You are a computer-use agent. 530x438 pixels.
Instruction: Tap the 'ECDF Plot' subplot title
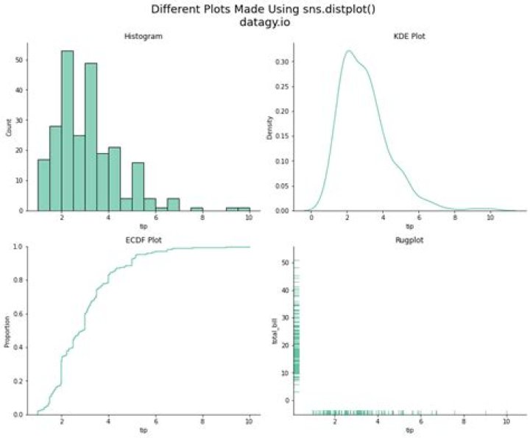pyautogui.click(x=142, y=239)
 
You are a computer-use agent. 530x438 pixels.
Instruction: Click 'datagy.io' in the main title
pyautogui.click(x=264, y=22)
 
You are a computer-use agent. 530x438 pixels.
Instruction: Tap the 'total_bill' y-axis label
pyautogui.click(x=275, y=331)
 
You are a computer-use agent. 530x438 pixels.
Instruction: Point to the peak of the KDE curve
pyautogui.click(x=348, y=51)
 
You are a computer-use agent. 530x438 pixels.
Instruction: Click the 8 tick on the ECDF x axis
pyautogui.click(x=202, y=422)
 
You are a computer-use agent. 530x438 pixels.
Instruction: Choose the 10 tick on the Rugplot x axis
pyautogui.click(x=506, y=422)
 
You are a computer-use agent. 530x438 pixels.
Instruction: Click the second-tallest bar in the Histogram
pyautogui.click(x=91, y=137)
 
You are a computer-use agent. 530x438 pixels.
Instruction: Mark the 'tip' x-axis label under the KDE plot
pyautogui.click(x=409, y=226)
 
